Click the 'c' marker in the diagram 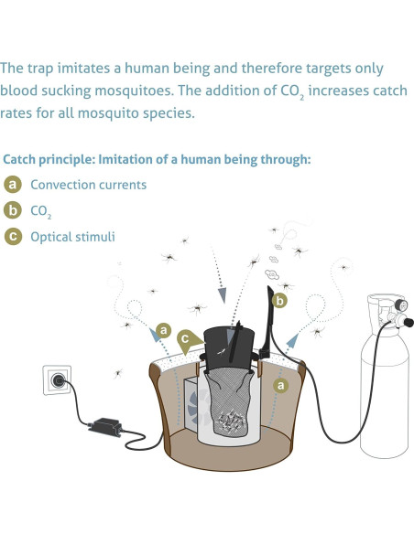pos(186,339)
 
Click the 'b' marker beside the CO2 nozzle pos(280,299)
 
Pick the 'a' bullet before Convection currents pos(13,185)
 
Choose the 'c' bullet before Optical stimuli pos(13,237)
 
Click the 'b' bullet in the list pos(13,210)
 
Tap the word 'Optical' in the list pos(52,237)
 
